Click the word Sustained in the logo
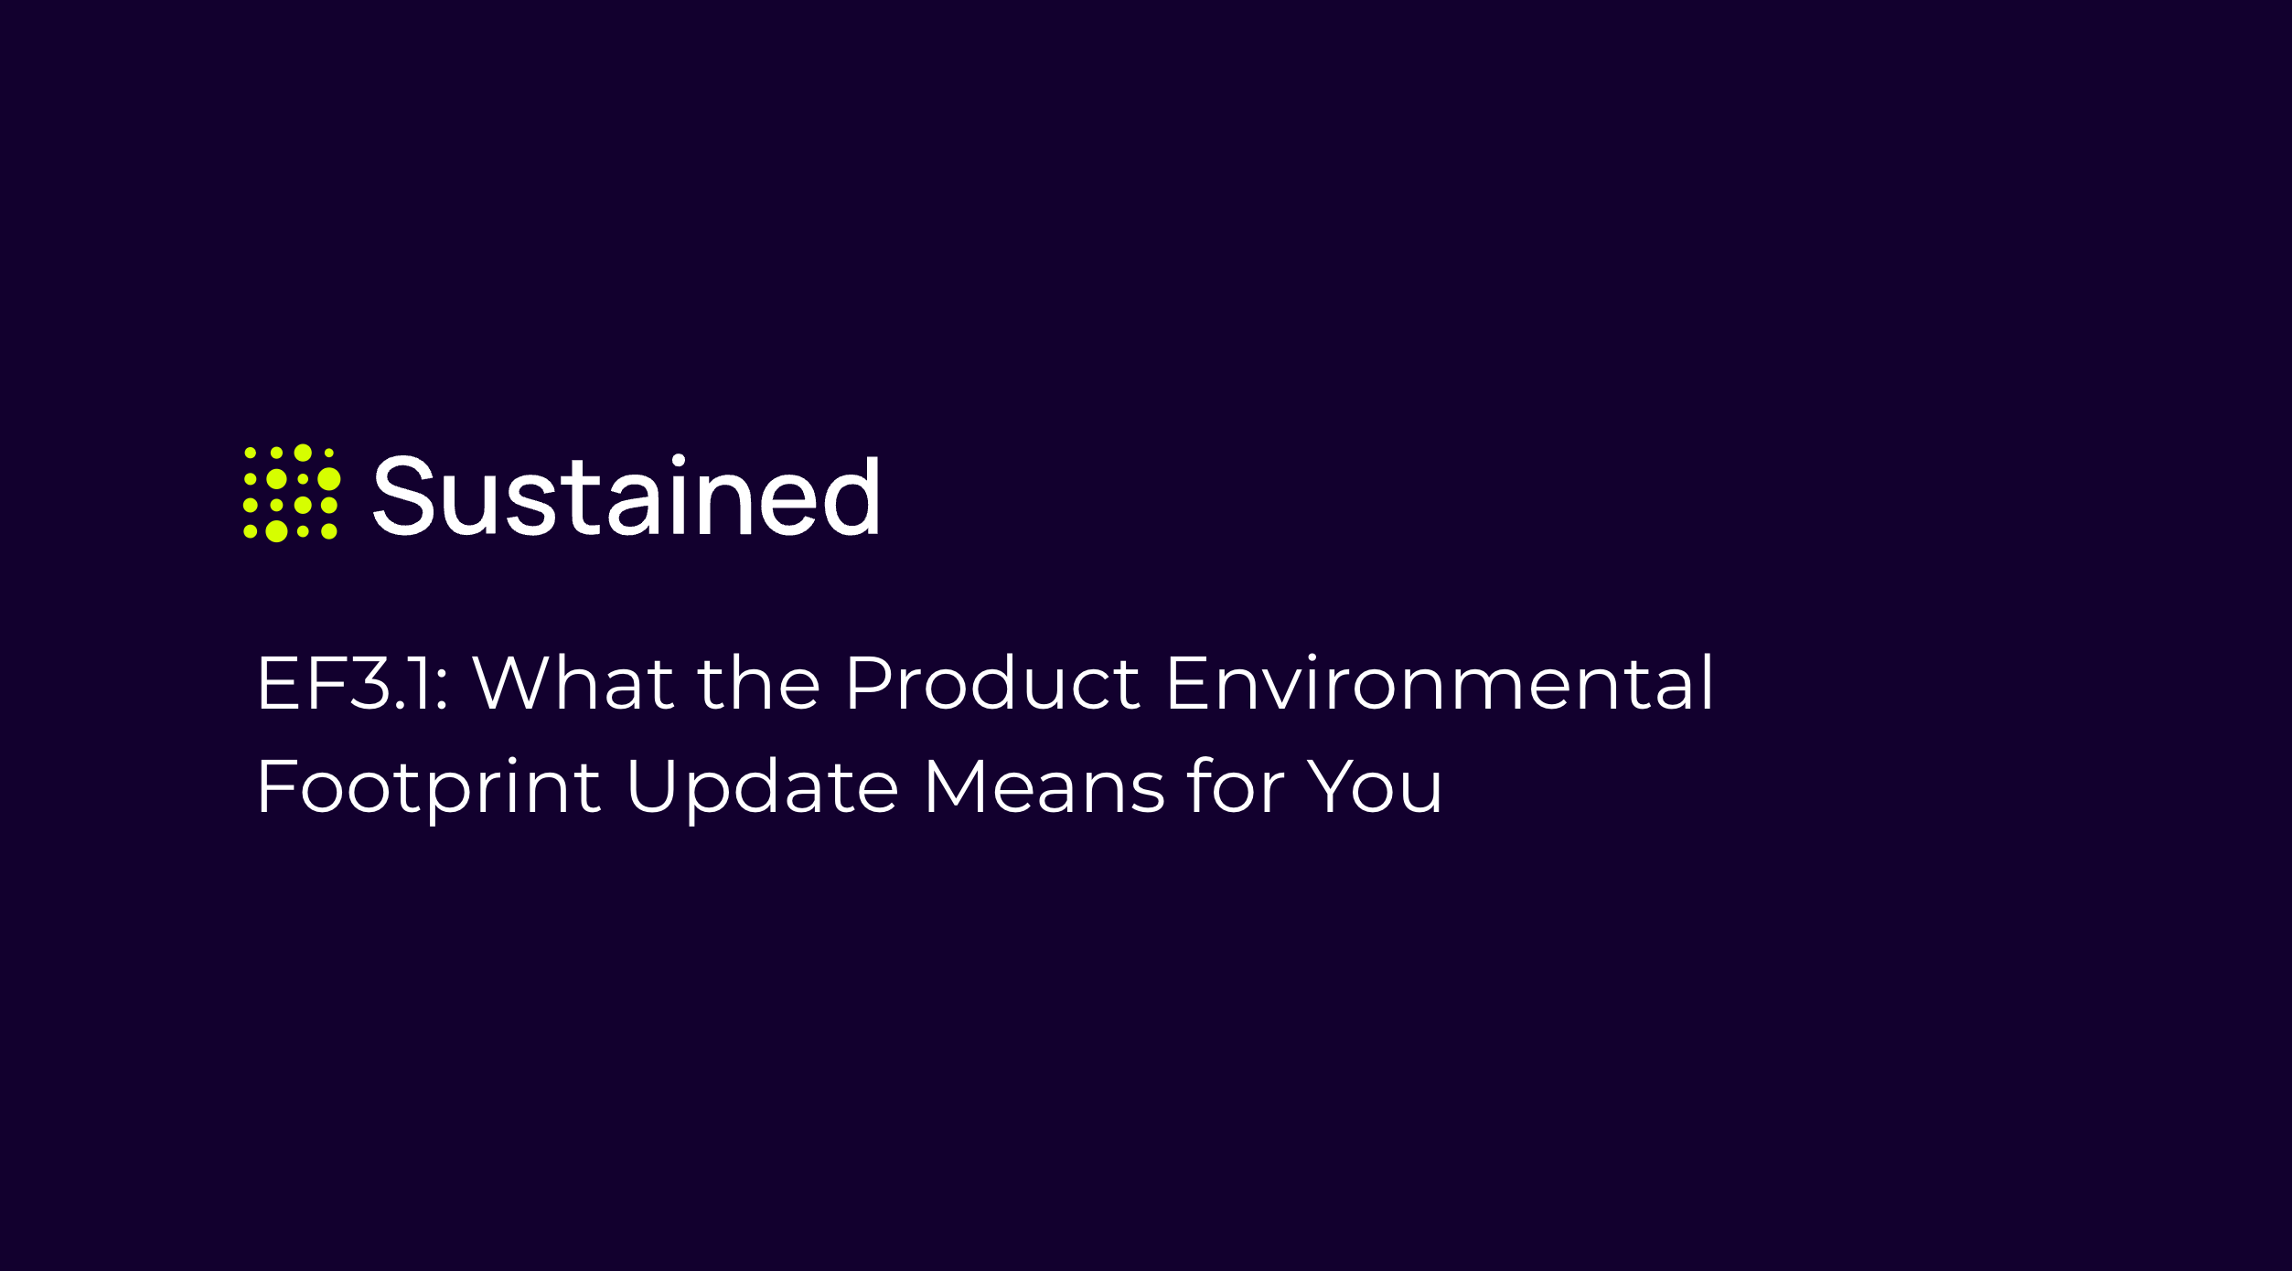(627, 495)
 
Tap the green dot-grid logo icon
(292, 493)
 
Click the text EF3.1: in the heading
(352, 683)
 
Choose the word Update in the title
(763, 787)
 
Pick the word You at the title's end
(1375, 785)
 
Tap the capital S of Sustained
(403, 495)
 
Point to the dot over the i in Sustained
(679, 460)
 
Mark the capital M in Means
(956, 785)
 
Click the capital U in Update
(651, 785)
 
